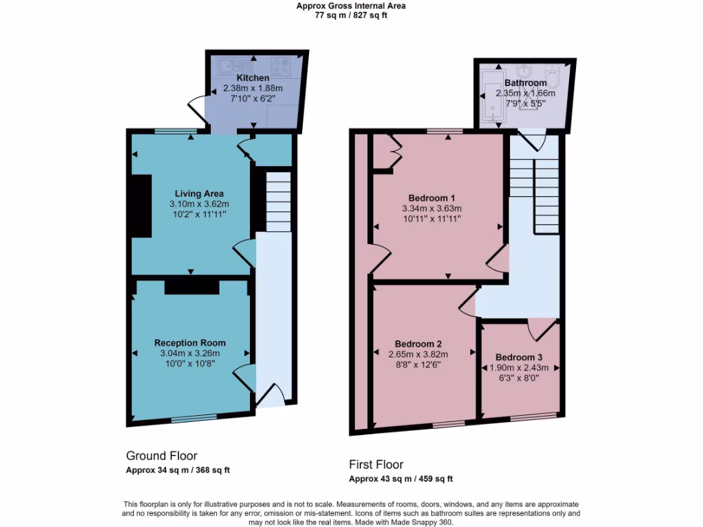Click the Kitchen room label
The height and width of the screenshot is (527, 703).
coord(253,78)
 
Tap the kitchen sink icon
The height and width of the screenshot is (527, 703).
coord(233,67)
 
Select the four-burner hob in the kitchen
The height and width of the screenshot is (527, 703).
coord(281,67)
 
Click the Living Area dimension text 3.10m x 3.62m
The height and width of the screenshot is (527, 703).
coord(199,204)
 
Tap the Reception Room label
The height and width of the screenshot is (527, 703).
coord(189,343)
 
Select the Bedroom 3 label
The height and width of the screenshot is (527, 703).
coord(518,358)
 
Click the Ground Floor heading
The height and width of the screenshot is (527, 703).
coord(161,456)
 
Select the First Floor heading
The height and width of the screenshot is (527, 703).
coord(376,465)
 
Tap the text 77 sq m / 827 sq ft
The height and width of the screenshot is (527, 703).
coord(351,15)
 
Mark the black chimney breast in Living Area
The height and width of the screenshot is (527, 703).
coord(142,206)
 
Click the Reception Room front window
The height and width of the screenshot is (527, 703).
coord(194,417)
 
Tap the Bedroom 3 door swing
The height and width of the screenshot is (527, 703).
coord(542,329)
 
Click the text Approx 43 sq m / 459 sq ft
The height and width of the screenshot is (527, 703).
coord(400,479)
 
